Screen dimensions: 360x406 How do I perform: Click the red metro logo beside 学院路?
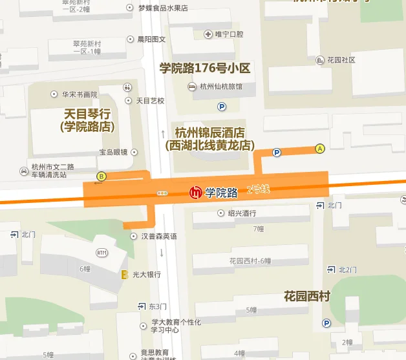pyautogui.click(x=195, y=192)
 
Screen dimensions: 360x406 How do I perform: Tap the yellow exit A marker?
pyautogui.click(x=319, y=148)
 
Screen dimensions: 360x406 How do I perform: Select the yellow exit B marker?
pyautogui.click(x=101, y=176)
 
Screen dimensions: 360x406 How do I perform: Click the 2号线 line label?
pyautogui.click(x=258, y=190)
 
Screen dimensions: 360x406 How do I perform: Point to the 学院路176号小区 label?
pyautogui.click(x=205, y=68)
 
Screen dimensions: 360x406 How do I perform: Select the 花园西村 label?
pyautogui.click(x=307, y=297)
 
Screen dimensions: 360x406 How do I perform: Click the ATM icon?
pyautogui.click(x=101, y=252)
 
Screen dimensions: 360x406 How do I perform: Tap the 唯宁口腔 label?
pyautogui.click(x=229, y=34)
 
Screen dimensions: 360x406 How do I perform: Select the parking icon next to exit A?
pyautogui.click(x=277, y=153)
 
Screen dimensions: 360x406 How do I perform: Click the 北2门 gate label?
pyautogui.click(x=347, y=270)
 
